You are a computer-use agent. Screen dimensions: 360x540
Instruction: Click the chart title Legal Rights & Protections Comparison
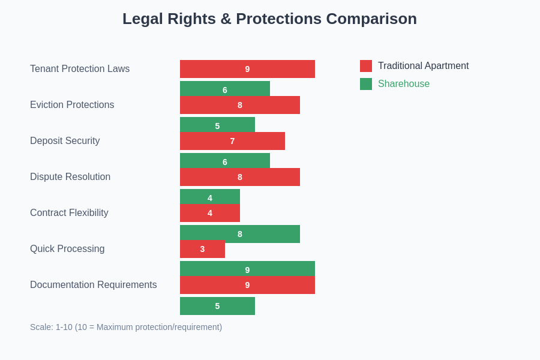click(x=269, y=19)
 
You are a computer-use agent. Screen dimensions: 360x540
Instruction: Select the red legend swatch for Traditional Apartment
click(x=366, y=66)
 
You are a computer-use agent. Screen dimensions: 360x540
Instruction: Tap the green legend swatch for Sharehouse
click(x=366, y=84)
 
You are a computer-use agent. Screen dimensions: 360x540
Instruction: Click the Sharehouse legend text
click(x=403, y=84)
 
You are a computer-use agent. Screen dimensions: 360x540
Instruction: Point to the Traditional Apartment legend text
click(x=423, y=66)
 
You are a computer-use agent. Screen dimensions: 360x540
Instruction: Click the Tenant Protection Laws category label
click(x=80, y=69)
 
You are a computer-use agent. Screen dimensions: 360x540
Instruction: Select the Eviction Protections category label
click(x=72, y=105)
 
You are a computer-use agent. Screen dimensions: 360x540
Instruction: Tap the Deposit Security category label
click(x=65, y=141)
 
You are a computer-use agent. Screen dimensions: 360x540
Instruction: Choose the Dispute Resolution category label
click(x=70, y=177)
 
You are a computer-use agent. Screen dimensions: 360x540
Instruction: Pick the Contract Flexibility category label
click(x=69, y=213)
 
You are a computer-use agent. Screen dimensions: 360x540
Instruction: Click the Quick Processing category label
click(x=67, y=249)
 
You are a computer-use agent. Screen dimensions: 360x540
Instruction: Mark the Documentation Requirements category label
click(x=94, y=285)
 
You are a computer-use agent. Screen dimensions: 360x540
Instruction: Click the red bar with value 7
click(x=232, y=141)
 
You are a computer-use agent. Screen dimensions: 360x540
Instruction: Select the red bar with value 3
click(x=202, y=249)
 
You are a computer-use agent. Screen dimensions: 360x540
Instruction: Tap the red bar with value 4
click(x=210, y=213)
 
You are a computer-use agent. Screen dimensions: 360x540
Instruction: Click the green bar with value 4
click(x=210, y=196)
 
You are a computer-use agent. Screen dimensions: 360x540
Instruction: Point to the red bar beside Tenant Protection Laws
click(x=247, y=69)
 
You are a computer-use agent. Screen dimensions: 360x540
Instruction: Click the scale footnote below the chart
click(x=126, y=327)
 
